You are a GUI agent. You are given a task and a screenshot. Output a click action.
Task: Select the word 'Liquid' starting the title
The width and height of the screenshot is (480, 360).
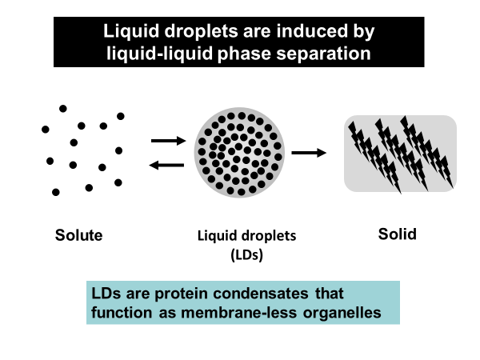pos(126,33)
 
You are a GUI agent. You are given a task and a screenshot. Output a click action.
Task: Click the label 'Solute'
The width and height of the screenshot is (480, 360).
pos(79,235)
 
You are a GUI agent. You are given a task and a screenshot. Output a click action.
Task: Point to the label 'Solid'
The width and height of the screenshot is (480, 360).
pos(398,234)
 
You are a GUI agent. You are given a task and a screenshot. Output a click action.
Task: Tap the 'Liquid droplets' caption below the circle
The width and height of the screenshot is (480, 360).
pos(246,237)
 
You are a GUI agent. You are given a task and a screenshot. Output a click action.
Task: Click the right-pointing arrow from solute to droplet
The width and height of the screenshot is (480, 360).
pos(168,142)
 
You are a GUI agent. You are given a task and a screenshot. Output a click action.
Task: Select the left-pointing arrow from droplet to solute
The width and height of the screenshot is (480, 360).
pos(168,165)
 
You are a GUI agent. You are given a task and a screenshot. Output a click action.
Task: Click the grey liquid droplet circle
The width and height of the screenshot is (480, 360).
pos(239,153)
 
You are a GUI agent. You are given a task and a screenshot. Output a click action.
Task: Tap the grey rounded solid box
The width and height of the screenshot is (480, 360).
pos(400,153)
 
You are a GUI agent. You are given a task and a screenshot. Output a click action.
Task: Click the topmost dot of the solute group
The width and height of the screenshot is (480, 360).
pos(63,108)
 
